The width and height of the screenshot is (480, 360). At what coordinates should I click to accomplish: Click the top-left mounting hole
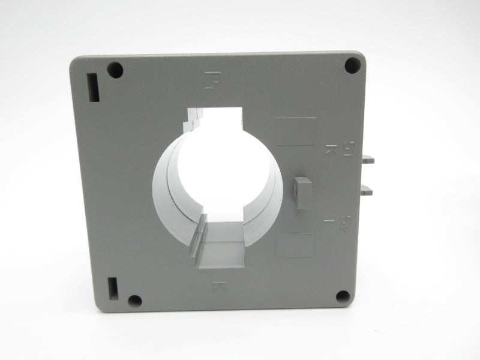[115, 70]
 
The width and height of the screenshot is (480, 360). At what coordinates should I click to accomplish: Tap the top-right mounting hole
[352, 65]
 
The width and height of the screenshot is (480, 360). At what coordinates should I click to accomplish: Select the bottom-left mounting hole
[135, 301]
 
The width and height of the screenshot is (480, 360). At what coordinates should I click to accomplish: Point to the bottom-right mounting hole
[343, 296]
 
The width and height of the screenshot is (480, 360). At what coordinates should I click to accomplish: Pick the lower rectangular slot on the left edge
[113, 289]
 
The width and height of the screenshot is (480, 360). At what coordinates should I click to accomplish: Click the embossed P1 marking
[209, 79]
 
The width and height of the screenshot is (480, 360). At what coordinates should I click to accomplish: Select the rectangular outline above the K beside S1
[295, 131]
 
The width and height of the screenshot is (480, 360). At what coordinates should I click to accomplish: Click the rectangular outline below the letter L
[295, 245]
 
